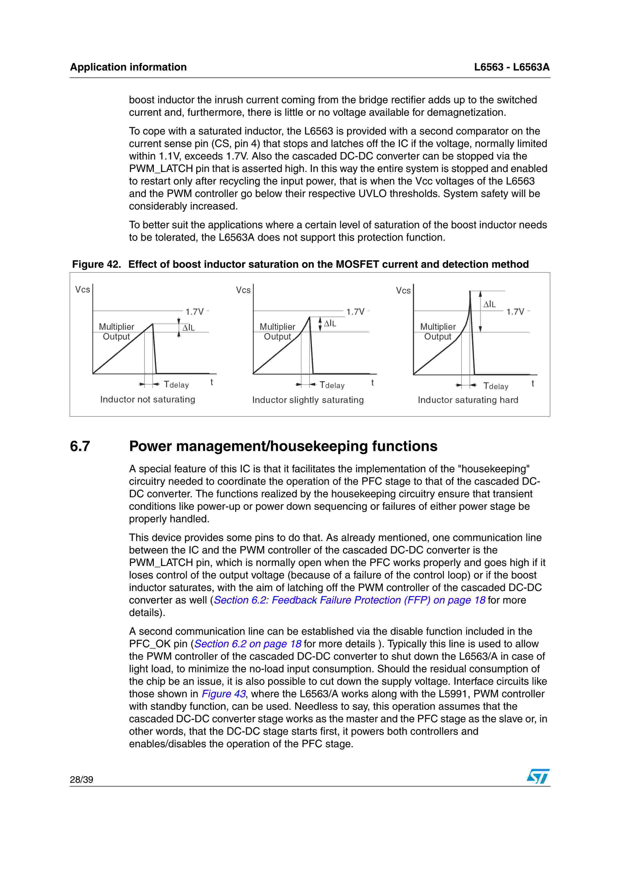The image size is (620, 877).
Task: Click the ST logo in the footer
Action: tap(538, 776)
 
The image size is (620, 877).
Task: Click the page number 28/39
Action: tap(81, 779)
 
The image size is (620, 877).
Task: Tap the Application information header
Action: tap(128, 67)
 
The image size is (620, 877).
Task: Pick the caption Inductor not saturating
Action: tap(148, 399)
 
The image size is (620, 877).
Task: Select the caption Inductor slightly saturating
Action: tap(308, 400)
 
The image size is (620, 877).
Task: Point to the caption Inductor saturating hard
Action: tap(468, 400)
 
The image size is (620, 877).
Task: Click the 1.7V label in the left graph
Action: tap(195, 312)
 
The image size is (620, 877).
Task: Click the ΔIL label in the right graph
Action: tap(489, 304)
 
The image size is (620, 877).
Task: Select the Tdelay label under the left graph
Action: tap(176, 385)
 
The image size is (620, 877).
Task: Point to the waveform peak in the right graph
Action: tap(470, 291)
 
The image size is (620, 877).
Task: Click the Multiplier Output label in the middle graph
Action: tap(277, 331)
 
